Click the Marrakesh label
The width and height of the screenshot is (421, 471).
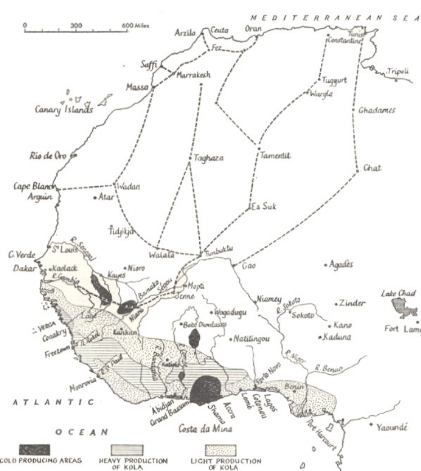(x=194, y=74)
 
